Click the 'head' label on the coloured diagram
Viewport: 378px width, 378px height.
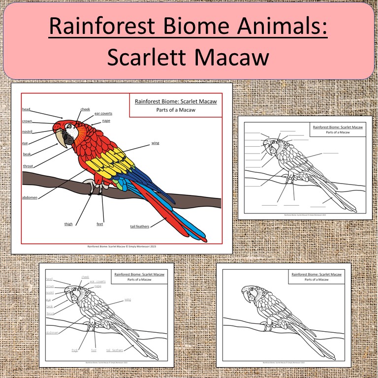coord(26,109)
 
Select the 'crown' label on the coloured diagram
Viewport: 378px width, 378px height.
coord(27,121)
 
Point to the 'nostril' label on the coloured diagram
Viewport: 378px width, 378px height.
coord(28,132)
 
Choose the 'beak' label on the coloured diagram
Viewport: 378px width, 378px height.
coord(27,154)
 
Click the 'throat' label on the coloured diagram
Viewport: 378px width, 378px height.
coord(28,166)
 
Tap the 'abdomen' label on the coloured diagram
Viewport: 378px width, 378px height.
coord(30,197)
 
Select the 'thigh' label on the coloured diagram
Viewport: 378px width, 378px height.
coord(68,224)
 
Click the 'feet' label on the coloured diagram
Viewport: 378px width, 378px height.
coord(100,224)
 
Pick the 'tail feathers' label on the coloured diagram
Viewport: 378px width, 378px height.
coord(140,226)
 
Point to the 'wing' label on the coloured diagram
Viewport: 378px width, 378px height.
coord(155,143)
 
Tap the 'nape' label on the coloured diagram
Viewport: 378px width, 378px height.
coord(106,121)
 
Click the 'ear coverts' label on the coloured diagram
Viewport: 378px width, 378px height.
coord(103,113)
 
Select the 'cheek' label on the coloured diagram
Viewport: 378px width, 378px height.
coord(85,109)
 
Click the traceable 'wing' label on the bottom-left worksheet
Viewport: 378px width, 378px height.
coord(127,299)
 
